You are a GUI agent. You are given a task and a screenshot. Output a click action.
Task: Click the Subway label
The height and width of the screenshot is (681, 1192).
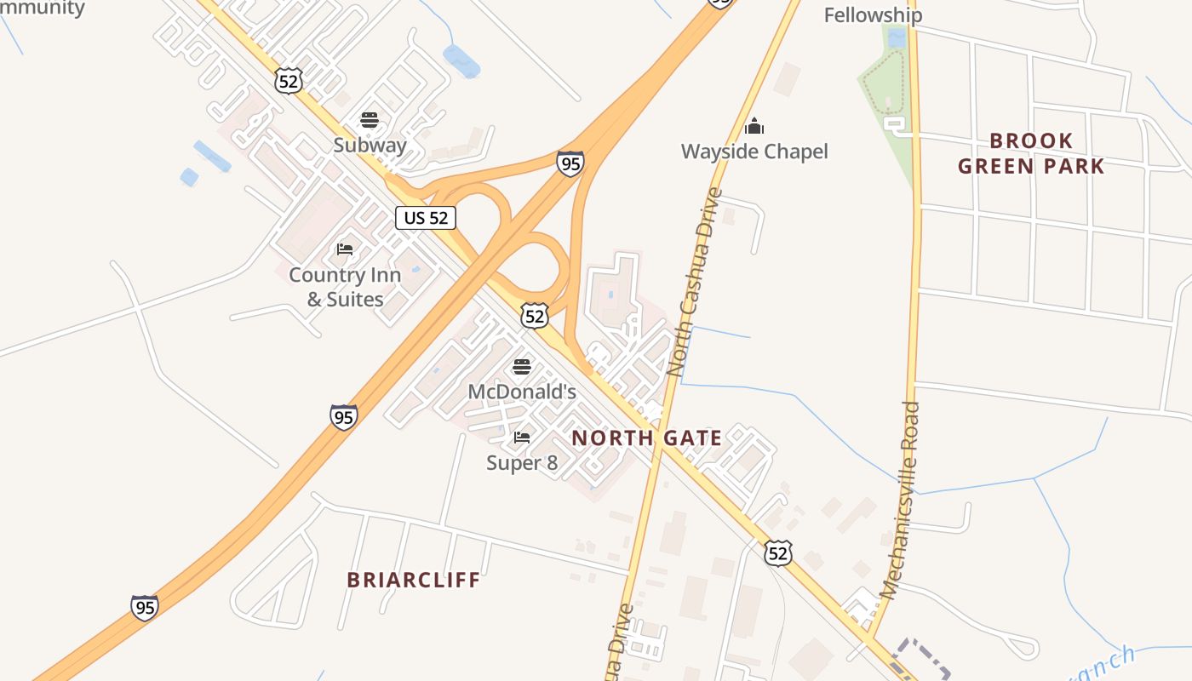[x=370, y=145]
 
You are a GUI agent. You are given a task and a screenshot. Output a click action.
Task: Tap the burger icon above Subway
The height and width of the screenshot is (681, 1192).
[x=369, y=120]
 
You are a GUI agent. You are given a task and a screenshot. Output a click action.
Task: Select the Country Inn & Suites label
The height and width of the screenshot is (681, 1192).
[x=345, y=287]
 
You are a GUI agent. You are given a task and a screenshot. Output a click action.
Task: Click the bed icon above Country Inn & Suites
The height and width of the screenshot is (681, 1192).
[x=345, y=249]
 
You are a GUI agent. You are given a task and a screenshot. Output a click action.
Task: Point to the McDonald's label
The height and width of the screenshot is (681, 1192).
[x=522, y=392]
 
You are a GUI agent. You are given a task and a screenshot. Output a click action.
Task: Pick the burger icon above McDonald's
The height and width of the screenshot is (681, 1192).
[x=522, y=367]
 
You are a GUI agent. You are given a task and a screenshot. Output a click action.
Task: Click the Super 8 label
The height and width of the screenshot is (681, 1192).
[x=522, y=462]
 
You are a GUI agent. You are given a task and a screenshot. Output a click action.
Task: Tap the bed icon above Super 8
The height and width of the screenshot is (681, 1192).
[x=522, y=438]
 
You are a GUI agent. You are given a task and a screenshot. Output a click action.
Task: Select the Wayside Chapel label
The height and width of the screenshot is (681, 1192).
[x=754, y=152]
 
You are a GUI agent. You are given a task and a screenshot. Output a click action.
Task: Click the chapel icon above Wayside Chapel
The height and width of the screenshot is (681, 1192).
[x=754, y=127]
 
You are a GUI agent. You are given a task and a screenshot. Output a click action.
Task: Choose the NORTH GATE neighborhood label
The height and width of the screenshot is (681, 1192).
[x=646, y=438]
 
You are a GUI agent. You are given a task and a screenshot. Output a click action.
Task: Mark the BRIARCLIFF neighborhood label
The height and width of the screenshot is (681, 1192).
[x=414, y=580]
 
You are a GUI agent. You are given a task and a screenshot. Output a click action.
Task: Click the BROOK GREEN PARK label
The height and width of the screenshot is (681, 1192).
[x=1031, y=153]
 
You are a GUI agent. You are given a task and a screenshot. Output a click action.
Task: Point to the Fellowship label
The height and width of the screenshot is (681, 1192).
[x=873, y=14]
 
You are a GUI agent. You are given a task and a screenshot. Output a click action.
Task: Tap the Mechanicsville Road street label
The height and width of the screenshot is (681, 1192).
[x=901, y=501]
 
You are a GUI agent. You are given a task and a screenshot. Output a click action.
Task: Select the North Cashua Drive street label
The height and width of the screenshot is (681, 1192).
[x=695, y=282]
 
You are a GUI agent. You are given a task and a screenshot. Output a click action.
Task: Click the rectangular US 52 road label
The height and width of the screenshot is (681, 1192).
[x=426, y=218]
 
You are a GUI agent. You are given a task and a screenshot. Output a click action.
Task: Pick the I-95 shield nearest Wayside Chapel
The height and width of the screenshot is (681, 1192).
[x=570, y=163]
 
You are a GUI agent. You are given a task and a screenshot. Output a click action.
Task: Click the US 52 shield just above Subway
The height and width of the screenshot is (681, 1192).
[x=288, y=81]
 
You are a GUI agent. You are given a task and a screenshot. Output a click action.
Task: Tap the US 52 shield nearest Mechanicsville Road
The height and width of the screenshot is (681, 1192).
[x=777, y=553]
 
